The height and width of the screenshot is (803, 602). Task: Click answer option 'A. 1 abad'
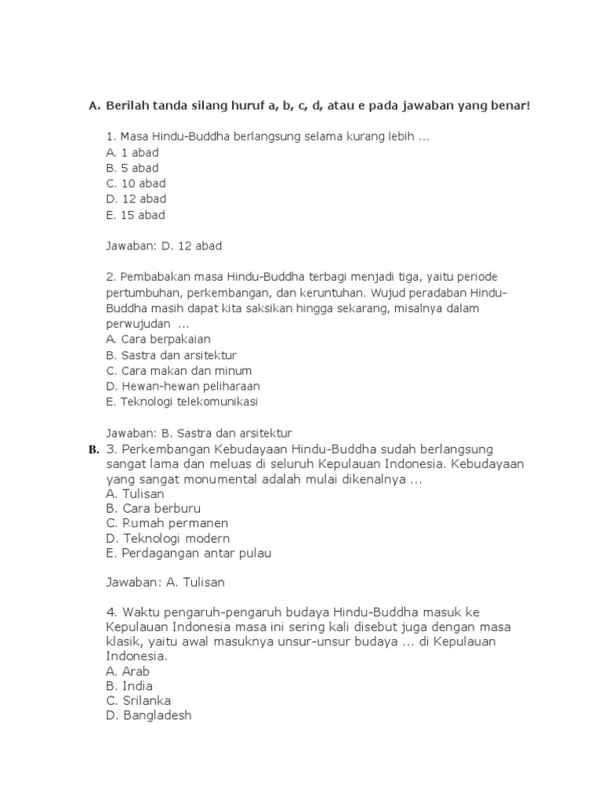point(132,153)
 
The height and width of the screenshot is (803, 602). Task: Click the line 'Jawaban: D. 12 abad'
point(164,246)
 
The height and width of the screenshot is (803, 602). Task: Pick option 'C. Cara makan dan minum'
point(168,371)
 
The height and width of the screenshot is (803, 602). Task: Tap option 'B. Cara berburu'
point(148,508)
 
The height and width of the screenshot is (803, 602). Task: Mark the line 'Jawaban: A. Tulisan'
point(165,583)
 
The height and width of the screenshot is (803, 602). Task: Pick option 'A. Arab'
point(127,671)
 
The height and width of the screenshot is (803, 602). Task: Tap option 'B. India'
point(129,686)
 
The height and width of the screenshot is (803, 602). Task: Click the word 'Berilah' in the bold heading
point(129,105)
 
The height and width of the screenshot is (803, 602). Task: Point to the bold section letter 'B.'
point(94,450)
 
